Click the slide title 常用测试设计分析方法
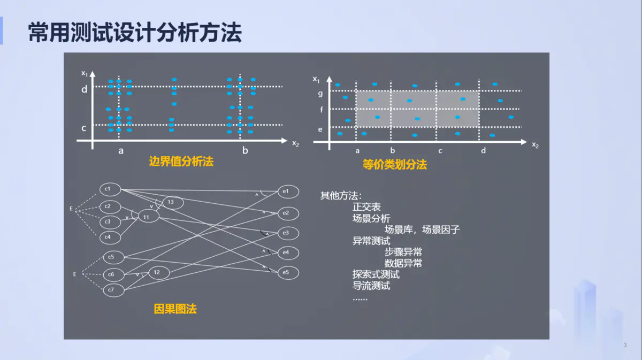(x=135, y=33)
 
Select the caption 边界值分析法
(x=181, y=162)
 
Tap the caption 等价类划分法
(x=395, y=165)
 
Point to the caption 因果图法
(x=175, y=309)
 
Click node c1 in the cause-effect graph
(x=110, y=189)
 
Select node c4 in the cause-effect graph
(x=110, y=236)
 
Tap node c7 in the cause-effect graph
(x=113, y=290)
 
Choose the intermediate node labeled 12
(x=158, y=272)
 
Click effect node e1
(x=287, y=192)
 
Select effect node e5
(x=287, y=273)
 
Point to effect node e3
(x=287, y=233)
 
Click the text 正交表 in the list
(x=366, y=206)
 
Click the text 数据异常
(x=403, y=263)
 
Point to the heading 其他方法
(x=341, y=195)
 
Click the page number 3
(x=625, y=345)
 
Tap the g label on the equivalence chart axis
(x=320, y=94)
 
